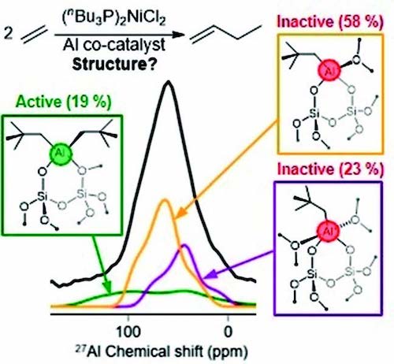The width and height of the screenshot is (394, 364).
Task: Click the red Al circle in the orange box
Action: (x=329, y=70)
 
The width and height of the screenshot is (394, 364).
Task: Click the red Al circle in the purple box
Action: (x=328, y=232)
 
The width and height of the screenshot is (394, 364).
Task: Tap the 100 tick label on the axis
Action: (x=128, y=332)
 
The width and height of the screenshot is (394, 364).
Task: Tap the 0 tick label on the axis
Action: (x=229, y=332)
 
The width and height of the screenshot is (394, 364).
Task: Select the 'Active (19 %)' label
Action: (x=64, y=102)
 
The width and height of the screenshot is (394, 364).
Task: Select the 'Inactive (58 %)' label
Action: (x=330, y=21)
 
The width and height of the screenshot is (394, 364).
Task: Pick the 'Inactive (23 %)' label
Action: (x=330, y=169)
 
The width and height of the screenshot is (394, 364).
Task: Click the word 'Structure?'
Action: (x=114, y=64)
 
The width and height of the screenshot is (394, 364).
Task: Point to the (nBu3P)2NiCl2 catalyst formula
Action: (x=113, y=19)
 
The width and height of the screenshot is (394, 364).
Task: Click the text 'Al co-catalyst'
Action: (x=114, y=45)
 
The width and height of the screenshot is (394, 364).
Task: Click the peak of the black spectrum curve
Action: (x=168, y=82)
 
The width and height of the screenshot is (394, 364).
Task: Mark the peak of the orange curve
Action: (x=165, y=200)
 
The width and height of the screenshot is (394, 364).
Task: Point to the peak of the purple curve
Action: (x=185, y=246)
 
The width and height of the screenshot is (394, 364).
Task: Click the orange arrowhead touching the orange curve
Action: (x=180, y=214)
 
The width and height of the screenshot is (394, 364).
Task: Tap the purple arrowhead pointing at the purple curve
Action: (x=210, y=274)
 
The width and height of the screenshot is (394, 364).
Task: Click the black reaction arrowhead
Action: (x=179, y=35)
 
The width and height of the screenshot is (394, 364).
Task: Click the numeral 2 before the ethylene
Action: (x=9, y=33)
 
